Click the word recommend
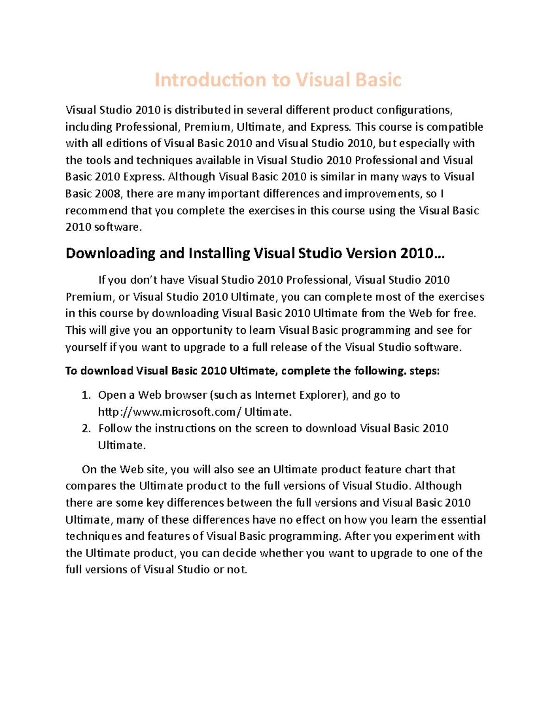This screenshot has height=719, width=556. point(96,211)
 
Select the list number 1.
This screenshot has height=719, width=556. point(85,395)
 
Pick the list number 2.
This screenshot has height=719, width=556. point(85,429)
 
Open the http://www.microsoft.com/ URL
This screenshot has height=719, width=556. point(170,412)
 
